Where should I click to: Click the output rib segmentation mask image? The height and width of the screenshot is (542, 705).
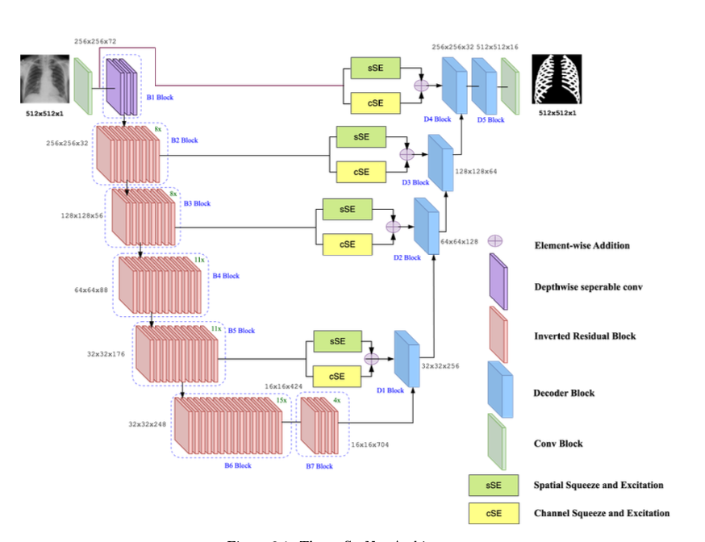[557, 79]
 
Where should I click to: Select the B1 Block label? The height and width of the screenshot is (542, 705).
[159, 98]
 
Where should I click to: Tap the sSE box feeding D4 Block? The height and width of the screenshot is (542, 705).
[375, 69]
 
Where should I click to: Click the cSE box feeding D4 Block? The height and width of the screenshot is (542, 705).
[375, 102]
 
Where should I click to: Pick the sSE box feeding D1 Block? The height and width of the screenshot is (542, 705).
[336, 341]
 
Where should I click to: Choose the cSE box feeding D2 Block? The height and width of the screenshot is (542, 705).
[347, 242]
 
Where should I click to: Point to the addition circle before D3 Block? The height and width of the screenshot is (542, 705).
[407, 153]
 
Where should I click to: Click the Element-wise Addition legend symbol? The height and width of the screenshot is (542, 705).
[495, 240]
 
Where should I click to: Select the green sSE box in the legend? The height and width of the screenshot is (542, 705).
[493, 486]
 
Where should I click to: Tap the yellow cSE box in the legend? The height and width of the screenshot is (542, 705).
[493, 513]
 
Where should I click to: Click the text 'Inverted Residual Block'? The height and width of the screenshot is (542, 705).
[585, 336]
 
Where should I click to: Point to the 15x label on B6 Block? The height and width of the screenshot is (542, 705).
[282, 399]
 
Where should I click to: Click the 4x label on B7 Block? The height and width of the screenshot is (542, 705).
[336, 399]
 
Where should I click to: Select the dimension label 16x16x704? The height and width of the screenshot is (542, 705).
[369, 444]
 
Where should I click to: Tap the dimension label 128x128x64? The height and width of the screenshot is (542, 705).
[475, 172]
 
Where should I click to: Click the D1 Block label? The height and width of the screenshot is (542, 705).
[390, 390]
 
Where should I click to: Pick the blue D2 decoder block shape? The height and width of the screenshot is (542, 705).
[425, 225]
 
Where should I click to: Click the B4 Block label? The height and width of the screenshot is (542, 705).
[226, 276]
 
